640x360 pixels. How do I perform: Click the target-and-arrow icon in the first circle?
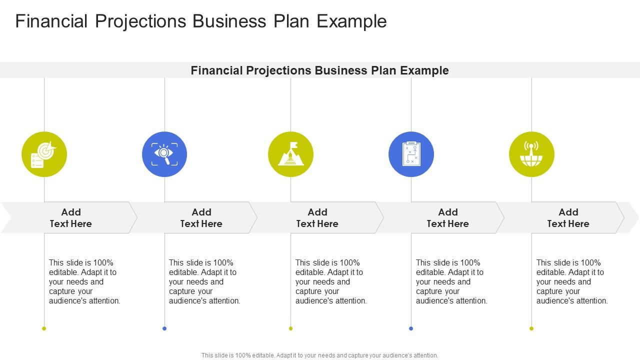pos(44,154)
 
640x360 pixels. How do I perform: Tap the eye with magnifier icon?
pos(164,154)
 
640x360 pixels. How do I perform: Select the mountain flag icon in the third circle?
pos(290,154)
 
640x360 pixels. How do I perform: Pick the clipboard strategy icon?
pos(411,154)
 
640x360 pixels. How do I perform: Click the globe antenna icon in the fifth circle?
pos(531,154)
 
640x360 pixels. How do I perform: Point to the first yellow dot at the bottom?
pos(44,328)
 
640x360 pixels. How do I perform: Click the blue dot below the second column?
pos(164,328)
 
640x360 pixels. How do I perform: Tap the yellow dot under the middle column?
pos(290,328)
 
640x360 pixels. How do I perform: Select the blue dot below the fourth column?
pos(411,328)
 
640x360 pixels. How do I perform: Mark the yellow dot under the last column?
pos(531,328)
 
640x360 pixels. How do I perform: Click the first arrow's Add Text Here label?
pos(71,218)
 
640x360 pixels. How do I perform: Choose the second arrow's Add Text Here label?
pos(201,218)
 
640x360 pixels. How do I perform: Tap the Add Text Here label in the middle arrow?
pos(317,218)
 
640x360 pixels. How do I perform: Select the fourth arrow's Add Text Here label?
pos(448,218)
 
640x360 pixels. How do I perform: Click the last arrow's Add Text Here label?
pos(568,218)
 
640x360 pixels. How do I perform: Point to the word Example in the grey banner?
pos(424,70)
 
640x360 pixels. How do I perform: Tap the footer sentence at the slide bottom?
pos(320,355)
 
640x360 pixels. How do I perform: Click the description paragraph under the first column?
pos(84,281)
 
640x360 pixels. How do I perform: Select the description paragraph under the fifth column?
pos(572,281)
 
